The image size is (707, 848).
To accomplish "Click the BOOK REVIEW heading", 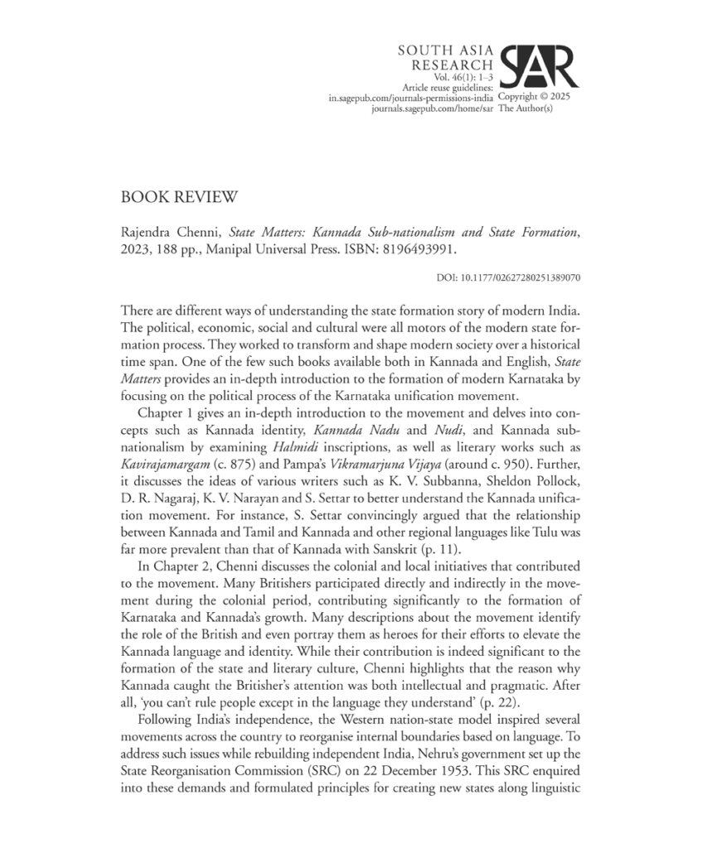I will [180, 198].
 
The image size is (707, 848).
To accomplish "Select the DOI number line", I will [507, 277].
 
